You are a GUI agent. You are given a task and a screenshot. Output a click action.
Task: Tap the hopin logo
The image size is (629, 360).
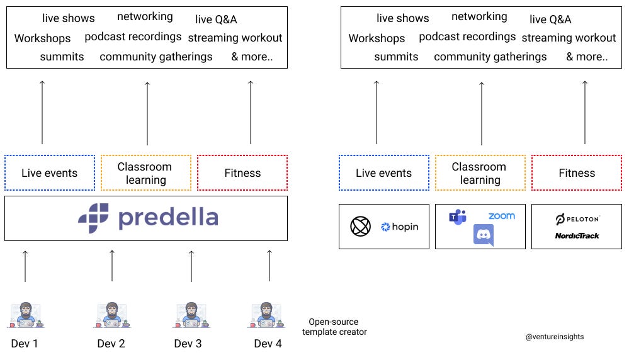400,227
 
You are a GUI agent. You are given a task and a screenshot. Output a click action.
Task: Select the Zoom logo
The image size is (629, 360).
501,216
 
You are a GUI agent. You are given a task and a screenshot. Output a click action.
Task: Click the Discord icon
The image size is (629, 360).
484,235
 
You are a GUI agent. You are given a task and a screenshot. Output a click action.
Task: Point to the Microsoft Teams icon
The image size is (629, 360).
458,217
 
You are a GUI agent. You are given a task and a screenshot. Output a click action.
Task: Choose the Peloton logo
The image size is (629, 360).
577,219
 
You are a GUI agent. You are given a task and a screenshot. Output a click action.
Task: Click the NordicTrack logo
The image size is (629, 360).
577,236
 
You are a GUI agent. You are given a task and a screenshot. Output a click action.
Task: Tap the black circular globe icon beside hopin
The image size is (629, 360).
360,227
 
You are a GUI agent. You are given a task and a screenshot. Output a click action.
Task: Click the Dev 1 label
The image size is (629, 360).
25,344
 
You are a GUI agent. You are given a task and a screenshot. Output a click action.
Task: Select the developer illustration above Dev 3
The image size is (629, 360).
191,315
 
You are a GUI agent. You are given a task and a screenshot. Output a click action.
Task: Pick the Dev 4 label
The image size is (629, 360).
268,344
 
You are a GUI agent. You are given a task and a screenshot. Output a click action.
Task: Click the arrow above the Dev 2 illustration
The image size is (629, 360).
112,266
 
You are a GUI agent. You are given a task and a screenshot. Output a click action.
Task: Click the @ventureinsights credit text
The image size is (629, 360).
555,337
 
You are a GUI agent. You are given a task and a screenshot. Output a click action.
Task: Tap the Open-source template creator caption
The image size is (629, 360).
334,327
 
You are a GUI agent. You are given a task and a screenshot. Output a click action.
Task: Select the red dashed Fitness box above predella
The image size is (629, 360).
242,173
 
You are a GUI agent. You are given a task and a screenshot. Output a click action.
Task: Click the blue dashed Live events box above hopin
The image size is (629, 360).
384,173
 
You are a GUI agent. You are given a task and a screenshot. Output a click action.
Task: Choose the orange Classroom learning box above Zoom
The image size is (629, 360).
480,173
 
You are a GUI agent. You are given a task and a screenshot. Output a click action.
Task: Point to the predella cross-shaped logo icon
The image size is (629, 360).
93,218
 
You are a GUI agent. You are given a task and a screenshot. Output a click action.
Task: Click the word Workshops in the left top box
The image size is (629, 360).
43,38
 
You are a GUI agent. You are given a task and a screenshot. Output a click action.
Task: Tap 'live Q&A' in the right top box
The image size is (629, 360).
550,20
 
